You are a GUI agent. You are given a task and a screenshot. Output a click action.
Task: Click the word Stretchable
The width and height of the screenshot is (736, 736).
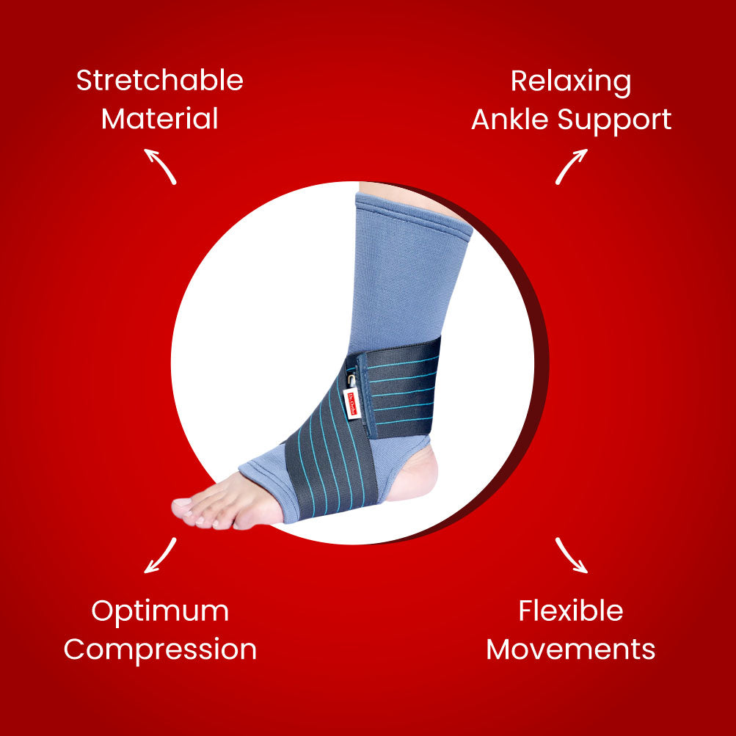tap(160, 81)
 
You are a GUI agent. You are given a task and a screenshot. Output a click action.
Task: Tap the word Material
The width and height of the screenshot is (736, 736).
tap(160, 119)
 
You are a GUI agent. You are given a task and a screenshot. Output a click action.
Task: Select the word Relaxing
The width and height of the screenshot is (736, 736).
tap(571, 81)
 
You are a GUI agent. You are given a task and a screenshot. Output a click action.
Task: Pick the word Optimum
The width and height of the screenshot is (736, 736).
tap(160, 611)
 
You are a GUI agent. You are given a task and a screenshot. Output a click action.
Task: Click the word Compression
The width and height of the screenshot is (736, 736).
tap(160, 650)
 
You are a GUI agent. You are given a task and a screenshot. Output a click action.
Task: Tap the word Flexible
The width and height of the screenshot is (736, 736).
tap(571, 611)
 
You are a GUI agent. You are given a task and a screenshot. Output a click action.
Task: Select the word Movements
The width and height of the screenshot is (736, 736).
tap(571, 649)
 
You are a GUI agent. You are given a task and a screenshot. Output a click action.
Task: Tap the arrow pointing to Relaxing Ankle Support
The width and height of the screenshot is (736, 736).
tap(571, 165)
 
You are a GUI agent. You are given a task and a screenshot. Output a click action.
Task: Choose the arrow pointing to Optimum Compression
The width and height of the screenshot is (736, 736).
tap(161, 555)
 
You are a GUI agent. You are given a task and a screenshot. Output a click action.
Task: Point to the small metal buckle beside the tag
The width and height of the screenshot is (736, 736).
tap(352, 379)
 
